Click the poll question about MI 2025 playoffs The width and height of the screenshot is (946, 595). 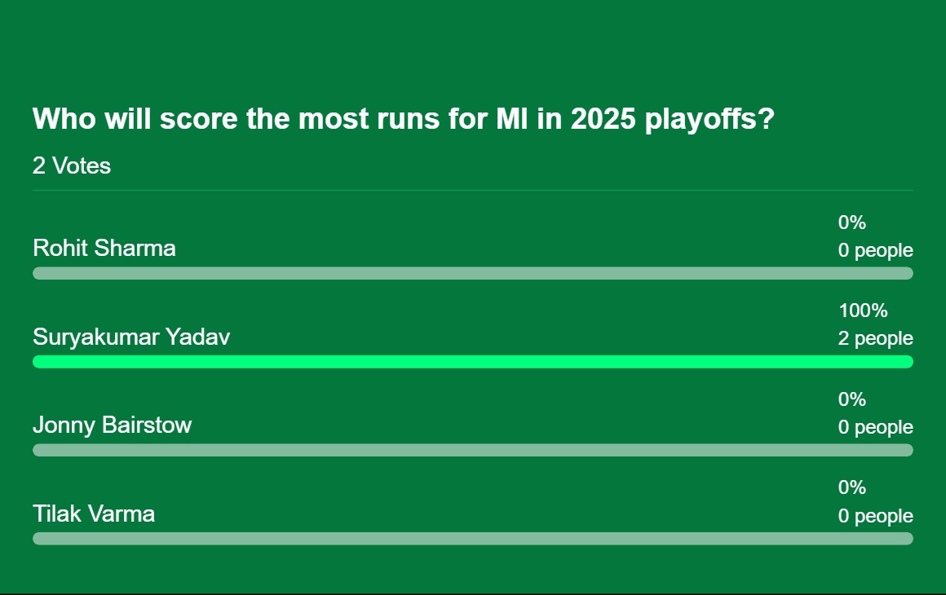[403, 119]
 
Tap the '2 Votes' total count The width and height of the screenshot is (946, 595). [72, 165]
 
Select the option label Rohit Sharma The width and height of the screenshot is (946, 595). [104, 248]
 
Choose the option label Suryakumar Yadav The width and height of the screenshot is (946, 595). [131, 337]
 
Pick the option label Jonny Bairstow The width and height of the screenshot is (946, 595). [113, 425]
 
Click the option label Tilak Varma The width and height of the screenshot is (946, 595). [94, 513]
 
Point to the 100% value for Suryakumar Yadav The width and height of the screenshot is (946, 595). [863, 311]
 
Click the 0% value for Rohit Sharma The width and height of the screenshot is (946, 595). [852, 223]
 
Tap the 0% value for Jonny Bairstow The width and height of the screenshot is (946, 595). [852, 399]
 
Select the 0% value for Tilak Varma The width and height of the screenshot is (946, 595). [852, 487]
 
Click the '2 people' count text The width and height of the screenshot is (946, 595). [875, 338]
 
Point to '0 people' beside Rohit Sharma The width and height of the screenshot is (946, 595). [875, 250]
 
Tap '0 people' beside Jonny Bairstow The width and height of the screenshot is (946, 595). [875, 427]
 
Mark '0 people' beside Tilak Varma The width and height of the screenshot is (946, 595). [875, 515]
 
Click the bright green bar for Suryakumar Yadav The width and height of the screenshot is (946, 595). [473, 362]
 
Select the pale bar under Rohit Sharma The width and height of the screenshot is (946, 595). [473, 273]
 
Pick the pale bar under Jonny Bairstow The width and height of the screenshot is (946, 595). [473, 450]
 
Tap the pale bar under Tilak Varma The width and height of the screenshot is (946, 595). [473, 538]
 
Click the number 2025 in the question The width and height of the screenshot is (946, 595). [603, 119]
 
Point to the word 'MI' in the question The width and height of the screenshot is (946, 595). [511, 119]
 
